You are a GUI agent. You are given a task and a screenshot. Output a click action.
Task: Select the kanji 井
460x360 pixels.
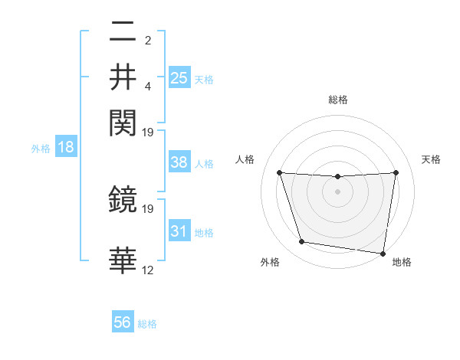[x=123, y=77]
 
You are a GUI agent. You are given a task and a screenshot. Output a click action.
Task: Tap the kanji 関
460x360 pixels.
[x=123, y=121]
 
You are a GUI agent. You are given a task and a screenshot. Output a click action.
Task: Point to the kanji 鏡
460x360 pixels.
[x=123, y=201]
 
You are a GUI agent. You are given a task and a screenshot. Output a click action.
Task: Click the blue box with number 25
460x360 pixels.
[x=179, y=77]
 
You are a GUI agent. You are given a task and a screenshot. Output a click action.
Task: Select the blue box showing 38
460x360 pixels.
[x=179, y=162]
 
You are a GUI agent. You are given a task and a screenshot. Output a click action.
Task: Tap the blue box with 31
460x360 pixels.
[x=179, y=231]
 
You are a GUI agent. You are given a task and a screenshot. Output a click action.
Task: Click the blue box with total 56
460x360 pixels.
[x=123, y=322]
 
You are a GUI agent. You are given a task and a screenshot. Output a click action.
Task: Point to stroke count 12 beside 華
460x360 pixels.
[x=148, y=270]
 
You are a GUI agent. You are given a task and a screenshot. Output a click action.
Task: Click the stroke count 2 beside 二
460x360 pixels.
[x=148, y=41]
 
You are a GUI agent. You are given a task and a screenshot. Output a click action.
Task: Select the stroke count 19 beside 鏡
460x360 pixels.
[x=148, y=208]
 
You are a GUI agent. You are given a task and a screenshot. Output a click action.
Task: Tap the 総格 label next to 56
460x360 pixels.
[x=147, y=324]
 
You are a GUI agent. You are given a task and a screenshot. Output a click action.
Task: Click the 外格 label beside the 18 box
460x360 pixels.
[x=41, y=148]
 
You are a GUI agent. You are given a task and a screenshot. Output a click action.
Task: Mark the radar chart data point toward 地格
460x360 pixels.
[x=383, y=253]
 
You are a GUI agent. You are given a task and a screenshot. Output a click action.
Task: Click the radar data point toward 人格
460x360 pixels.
[x=279, y=172]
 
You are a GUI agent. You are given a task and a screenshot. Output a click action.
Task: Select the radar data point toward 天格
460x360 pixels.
[x=396, y=172]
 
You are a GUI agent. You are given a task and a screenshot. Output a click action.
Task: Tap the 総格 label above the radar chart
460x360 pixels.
[x=337, y=100]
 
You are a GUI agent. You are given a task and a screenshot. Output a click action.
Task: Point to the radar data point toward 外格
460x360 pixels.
[x=302, y=242]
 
